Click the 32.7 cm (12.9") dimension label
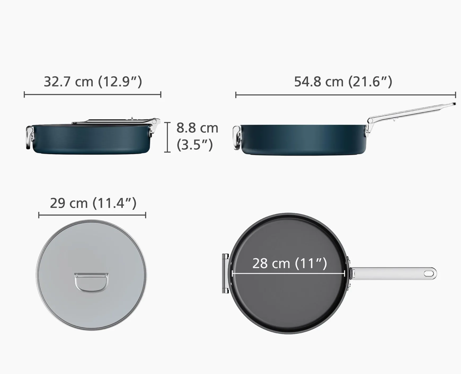[93, 82]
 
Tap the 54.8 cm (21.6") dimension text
[343, 82]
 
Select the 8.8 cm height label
[197, 128]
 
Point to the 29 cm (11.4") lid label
[93, 203]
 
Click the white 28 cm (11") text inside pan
[290, 263]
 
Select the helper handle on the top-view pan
[225, 273]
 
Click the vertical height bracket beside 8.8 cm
[167, 137]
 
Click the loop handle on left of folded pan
[30, 137]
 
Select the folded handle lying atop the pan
[111, 122]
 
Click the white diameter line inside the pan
[288, 273]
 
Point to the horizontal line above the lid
[92, 215]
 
